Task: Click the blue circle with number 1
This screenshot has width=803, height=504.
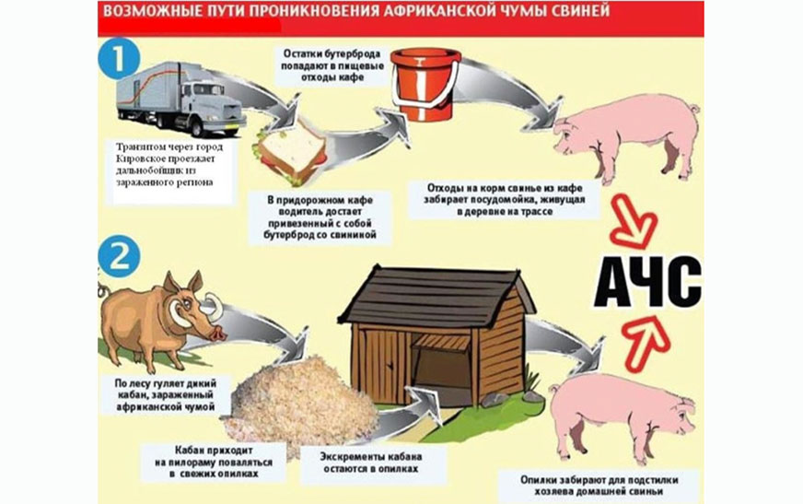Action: coord(119,59)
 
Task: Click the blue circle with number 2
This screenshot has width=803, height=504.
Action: coord(119,256)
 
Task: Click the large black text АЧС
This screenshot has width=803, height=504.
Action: coord(647,282)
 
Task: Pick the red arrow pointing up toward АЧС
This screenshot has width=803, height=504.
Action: coord(646,342)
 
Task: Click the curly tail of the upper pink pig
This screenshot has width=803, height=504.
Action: coord(693,108)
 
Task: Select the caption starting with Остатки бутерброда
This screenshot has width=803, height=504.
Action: coord(332,65)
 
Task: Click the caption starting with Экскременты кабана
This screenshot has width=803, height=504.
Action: coord(371,463)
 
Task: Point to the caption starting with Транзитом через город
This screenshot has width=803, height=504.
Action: coord(169,164)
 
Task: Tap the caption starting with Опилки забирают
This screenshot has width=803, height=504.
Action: coord(599,486)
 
